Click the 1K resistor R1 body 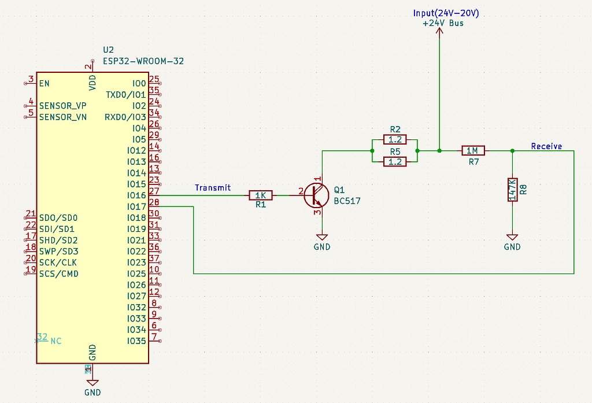click(260, 195)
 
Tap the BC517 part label click(347, 201)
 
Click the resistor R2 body click(395, 140)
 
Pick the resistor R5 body click(395, 162)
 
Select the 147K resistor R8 click(512, 190)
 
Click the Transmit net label click(213, 187)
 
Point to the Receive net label click(546, 146)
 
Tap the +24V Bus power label click(443, 24)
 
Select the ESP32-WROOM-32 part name click(143, 61)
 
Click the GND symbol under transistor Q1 click(322, 238)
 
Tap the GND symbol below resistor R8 click(512, 238)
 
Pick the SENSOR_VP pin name click(62, 106)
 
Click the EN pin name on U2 click(45, 83)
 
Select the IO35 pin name click(136, 341)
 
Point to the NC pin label click(56, 341)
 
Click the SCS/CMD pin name click(59, 273)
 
